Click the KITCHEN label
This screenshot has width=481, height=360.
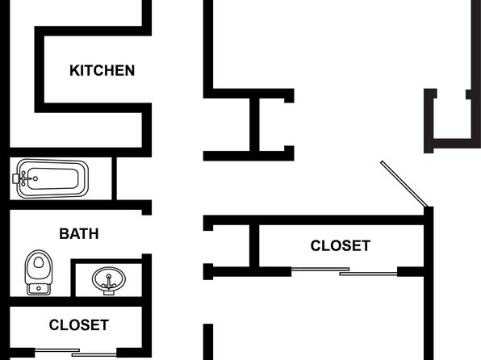[x=102, y=70]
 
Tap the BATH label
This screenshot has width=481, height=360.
[x=79, y=234]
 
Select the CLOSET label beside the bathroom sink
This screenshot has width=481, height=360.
[x=79, y=325]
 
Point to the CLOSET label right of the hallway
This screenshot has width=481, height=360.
[x=341, y=245]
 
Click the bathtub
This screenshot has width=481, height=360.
[x=51, y=178]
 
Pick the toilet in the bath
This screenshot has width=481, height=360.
[x=39, y=273]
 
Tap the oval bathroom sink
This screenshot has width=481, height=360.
[x=109, y=280]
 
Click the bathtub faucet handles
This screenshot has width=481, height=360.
[x=23, y=178]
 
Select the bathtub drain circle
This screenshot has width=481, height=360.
[x=36, y=178]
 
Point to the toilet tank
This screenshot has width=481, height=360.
[x=39, y=289]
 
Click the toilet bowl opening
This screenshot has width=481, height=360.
[x=39, y=262]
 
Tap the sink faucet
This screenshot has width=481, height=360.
[x=109, y=282]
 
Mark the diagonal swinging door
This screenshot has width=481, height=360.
[x=404, y=184]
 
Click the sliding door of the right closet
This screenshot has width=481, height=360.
[x=344, y=271]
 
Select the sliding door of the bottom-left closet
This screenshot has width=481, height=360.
[x=76, y=352]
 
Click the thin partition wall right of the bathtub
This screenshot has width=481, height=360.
[x=114, y=178]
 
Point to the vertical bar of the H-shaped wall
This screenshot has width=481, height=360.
[x=254, y=124]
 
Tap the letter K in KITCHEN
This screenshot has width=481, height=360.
[x=74, y=70]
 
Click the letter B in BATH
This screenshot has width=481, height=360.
[x=64, y=234]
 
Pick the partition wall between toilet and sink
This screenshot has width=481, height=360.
[x=73, y=278]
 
